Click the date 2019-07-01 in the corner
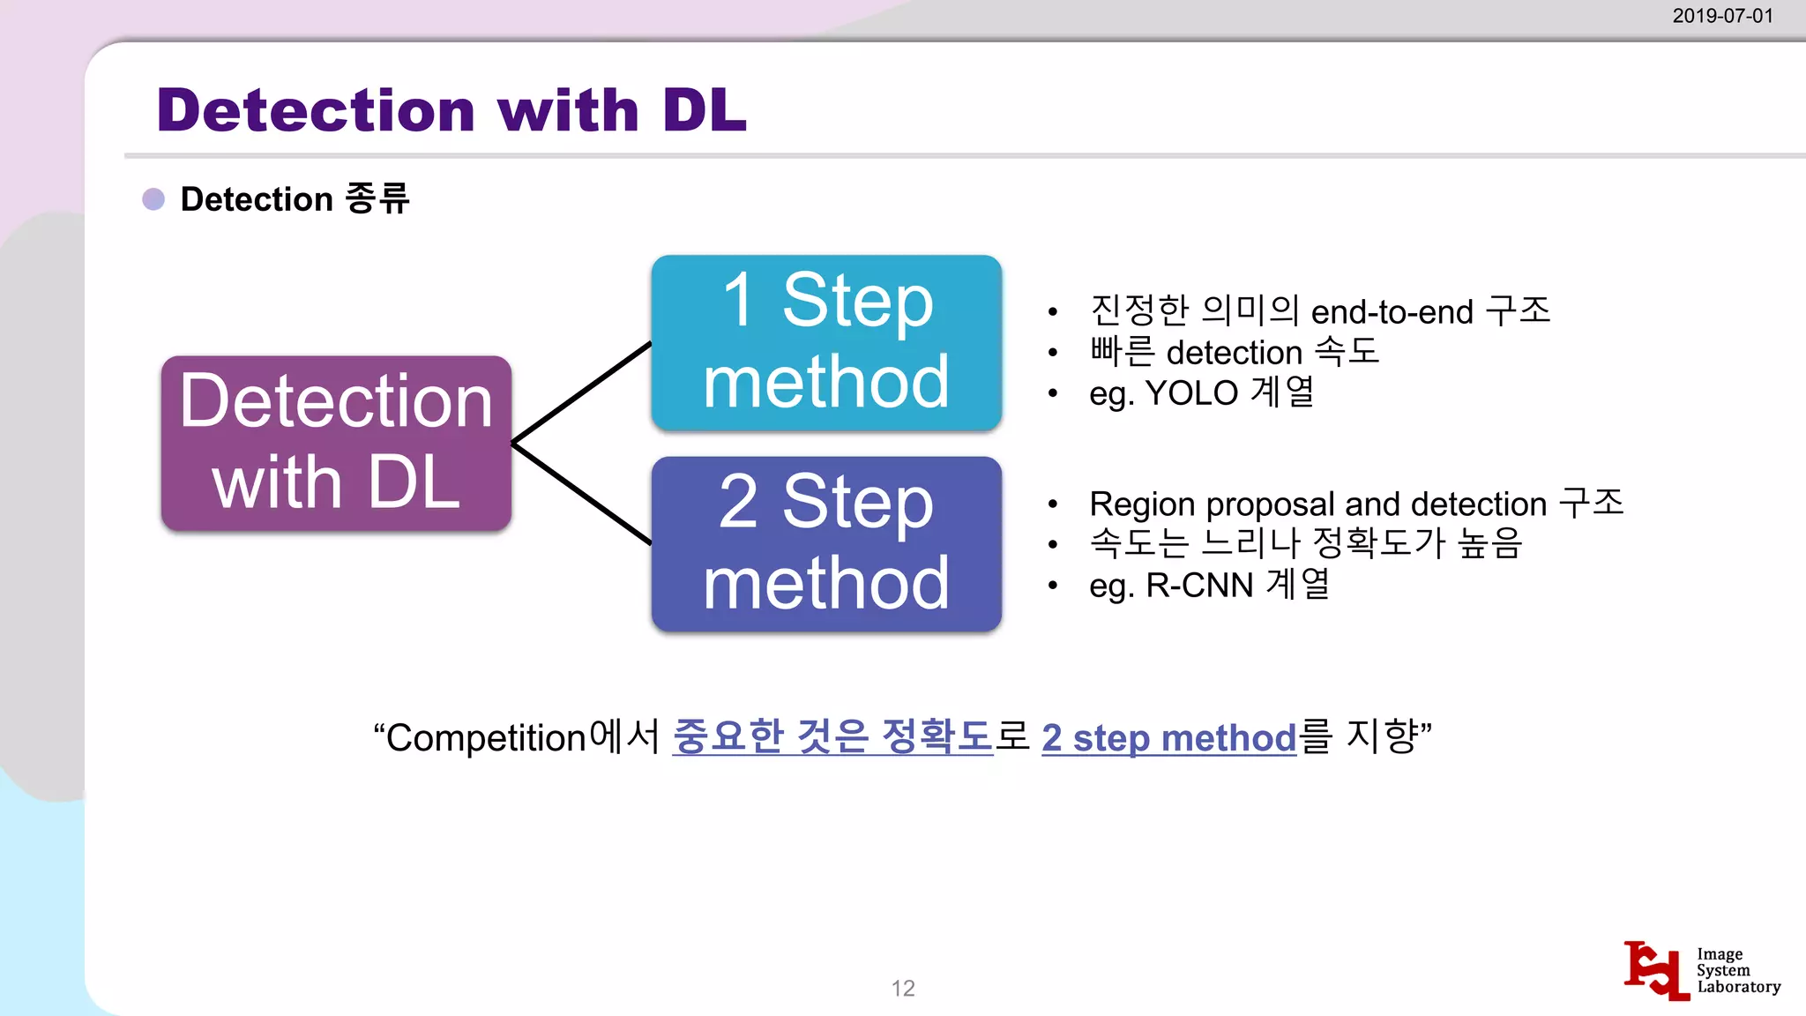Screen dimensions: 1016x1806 coord(1721,16)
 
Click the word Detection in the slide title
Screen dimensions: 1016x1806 coord(316,111)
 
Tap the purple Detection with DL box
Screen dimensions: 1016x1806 coord(336,443)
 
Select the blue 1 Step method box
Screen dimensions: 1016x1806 coord(826,342)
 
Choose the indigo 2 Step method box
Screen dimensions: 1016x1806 coord(826,543)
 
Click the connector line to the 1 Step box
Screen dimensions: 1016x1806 coord(582,392)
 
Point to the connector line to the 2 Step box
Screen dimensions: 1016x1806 coord(582,493)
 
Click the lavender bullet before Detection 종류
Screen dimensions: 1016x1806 coord(153,199)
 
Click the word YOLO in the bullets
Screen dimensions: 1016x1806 coord(1191,393)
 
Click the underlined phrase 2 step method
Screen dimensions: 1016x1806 coord(1168,738)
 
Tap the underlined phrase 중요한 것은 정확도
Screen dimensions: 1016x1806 coord(832,736)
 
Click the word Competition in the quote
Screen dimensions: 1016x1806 coord(487,738)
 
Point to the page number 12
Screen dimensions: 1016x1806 coord(903,988)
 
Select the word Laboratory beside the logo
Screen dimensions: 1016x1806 coord(1738,987)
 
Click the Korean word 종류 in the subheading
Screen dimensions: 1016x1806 coord(377,199)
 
